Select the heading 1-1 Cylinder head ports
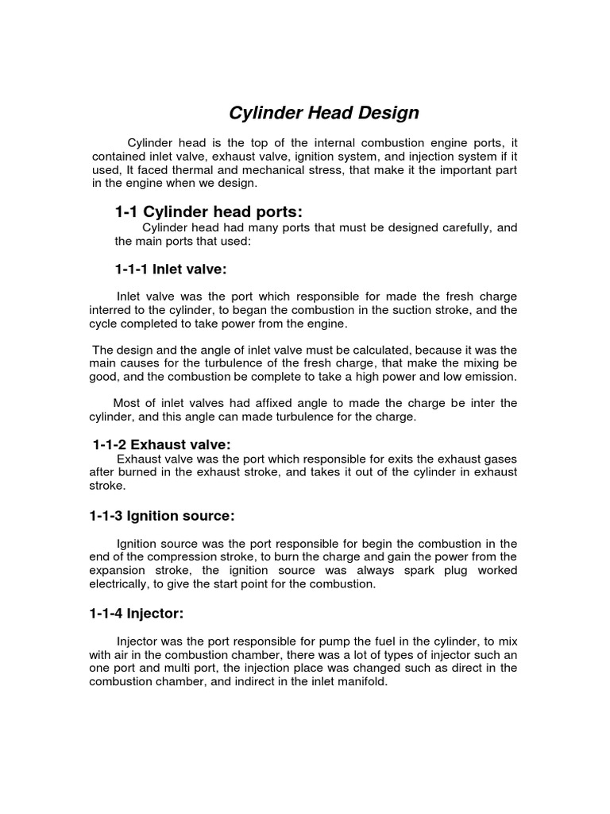[x=210, y=211]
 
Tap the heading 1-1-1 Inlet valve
[x=171, y=269]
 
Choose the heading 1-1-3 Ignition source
[x=161, y=516]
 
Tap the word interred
[x=114, y=309]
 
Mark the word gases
[x=500, y=459]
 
